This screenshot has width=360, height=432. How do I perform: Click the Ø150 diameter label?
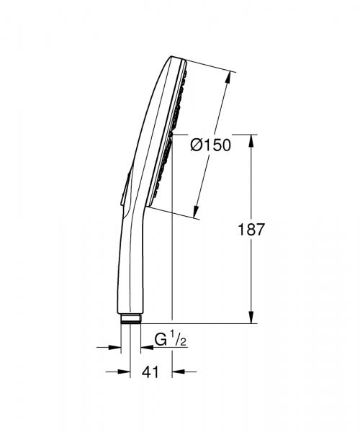210,145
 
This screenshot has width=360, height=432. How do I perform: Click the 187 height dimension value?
251,230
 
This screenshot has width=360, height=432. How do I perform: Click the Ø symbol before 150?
196,145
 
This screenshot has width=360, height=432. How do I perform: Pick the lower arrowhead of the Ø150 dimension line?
196,212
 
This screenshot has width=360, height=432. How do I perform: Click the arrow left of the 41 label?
115,372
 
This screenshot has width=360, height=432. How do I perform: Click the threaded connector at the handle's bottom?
130,320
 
